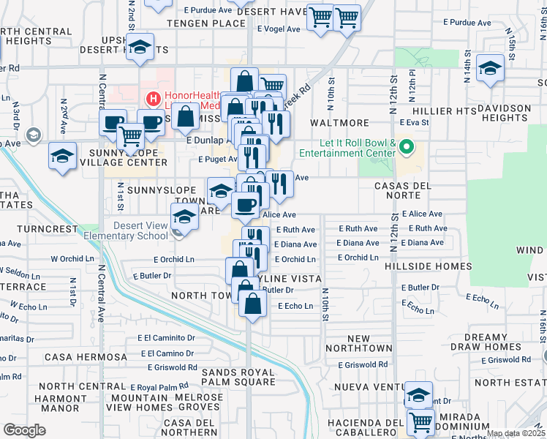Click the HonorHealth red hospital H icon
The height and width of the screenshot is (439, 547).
[154, 98]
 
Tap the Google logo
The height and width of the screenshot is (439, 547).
[25, 430]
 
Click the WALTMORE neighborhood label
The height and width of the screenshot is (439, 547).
[339, 123]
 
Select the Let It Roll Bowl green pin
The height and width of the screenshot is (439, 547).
[408, 148]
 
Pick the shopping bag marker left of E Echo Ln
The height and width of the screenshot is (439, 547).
[252, 304]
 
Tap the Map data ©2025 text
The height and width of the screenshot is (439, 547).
[516, 433]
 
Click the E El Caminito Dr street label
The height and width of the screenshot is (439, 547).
[168, 338]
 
